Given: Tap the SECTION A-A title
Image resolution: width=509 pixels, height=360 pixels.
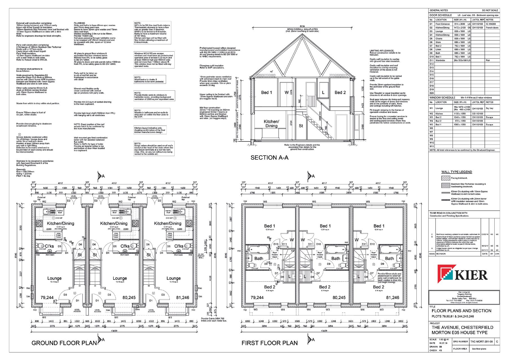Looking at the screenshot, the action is pyautogui.click(x=269, y=158).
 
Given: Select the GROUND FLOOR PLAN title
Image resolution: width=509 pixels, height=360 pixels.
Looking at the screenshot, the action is pyautogui.click(x=64, y=343).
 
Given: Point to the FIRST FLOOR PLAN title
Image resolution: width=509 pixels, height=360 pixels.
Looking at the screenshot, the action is pyautogui.click(x=269, y=343).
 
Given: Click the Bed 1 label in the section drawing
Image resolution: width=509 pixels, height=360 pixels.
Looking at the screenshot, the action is pyautogui.click(x=266, y=92).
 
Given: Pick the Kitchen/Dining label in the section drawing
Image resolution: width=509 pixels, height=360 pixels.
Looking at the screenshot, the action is pyautogui.click(x=271, y=124).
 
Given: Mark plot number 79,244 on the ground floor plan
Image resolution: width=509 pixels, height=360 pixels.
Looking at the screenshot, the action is pyautogui.click(x=47, y=297).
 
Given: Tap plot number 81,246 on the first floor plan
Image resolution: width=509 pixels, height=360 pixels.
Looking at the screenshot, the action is pyautogui.click(x=392, y=297).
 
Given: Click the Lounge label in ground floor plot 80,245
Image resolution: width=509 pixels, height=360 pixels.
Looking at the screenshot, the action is pyautogui.click(x=120, y=278).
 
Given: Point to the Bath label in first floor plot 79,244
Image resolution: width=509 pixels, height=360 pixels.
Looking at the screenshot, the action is pyautogui.click(x=259, y=258).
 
